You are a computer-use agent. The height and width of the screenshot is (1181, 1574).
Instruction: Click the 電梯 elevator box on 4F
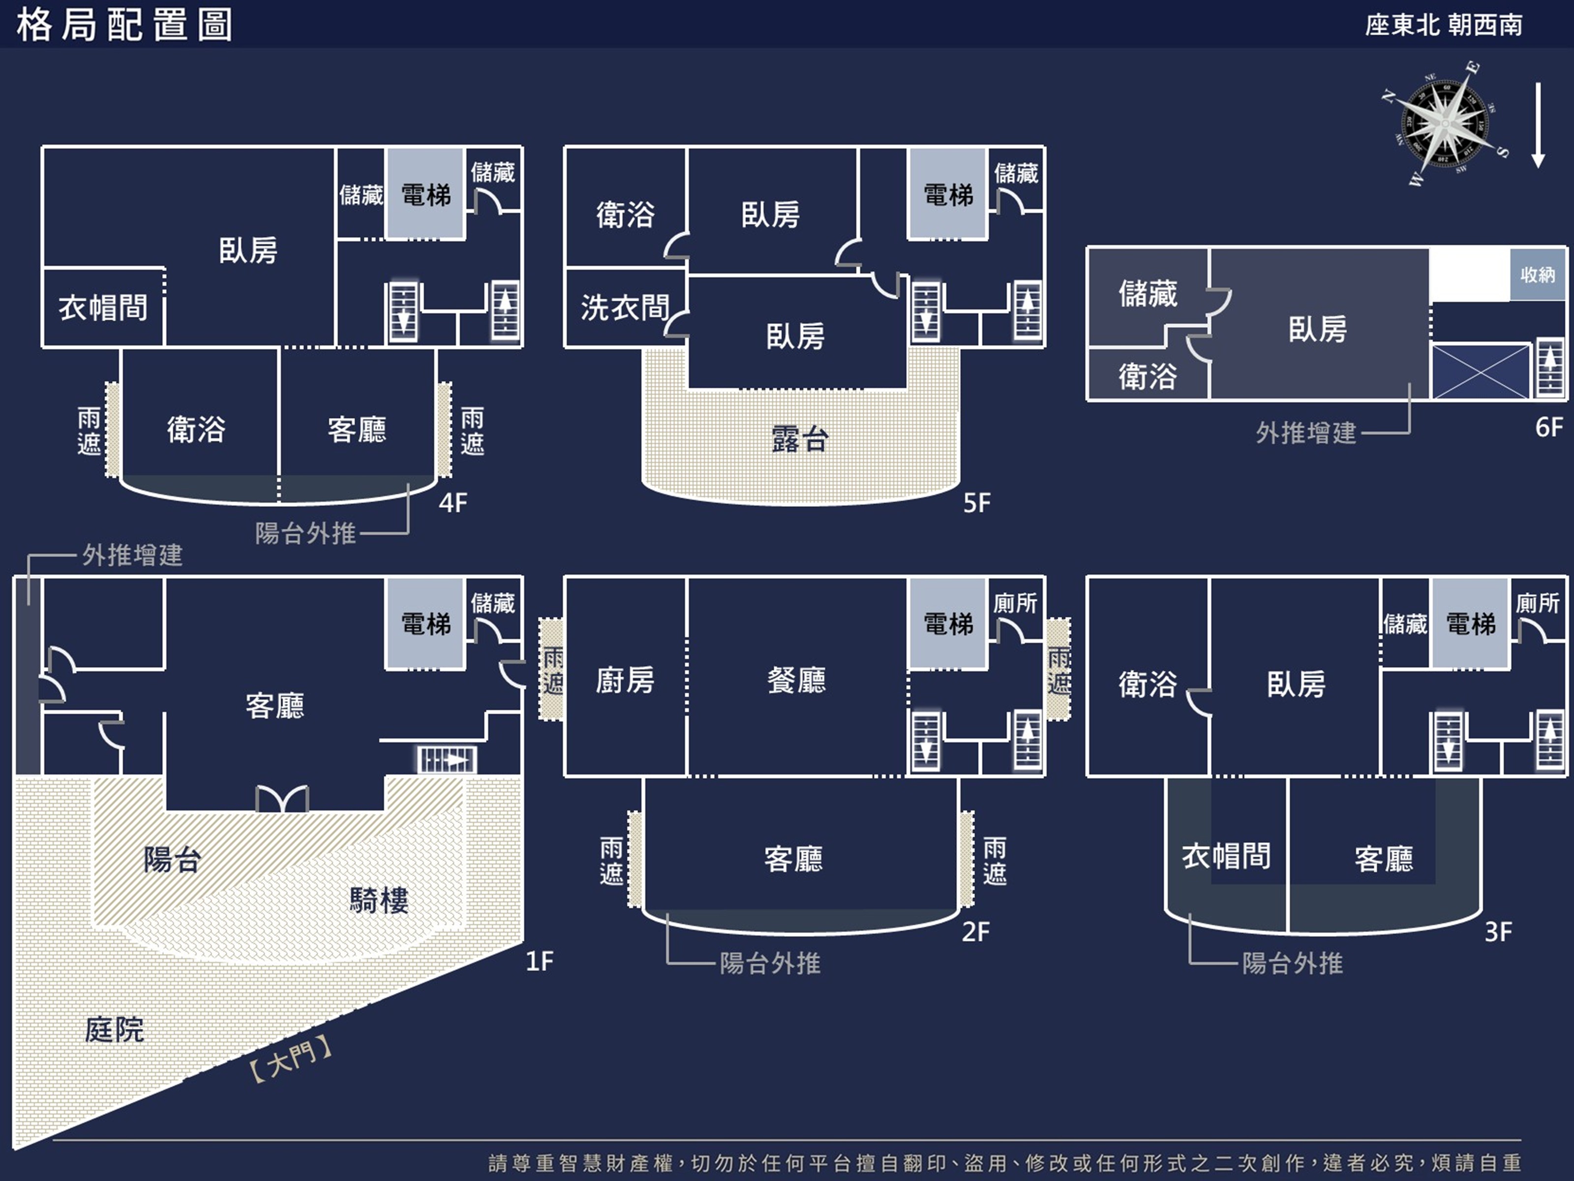tap(425, 193)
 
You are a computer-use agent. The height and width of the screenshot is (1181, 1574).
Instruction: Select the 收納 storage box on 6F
tap(1538, 274)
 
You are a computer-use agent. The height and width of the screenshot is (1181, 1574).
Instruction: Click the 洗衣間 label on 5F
tap(625, 308)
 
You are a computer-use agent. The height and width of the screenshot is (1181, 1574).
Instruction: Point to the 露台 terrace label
tap(799, 439)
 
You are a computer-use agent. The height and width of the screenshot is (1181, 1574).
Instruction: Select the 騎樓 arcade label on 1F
tap(379, 901)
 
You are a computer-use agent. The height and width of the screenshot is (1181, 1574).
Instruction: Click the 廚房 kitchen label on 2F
tap(625, 680)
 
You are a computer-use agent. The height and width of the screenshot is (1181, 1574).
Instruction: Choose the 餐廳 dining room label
tap(796, 680)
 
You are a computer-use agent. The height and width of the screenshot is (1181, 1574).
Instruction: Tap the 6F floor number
tap(1549, 427)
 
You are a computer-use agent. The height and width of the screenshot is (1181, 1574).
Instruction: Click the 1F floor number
tap(540, 962)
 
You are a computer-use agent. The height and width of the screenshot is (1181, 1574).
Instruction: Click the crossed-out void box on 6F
tap(1480, 371)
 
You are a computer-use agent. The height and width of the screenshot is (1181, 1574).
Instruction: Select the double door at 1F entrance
tap(282, 799)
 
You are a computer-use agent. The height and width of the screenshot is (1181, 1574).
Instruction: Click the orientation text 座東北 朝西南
tap(1444, 26)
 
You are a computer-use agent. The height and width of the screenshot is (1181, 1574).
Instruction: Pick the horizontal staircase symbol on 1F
tap(446, 760)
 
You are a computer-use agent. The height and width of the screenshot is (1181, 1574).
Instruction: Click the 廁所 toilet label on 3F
tap(1538, 603)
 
